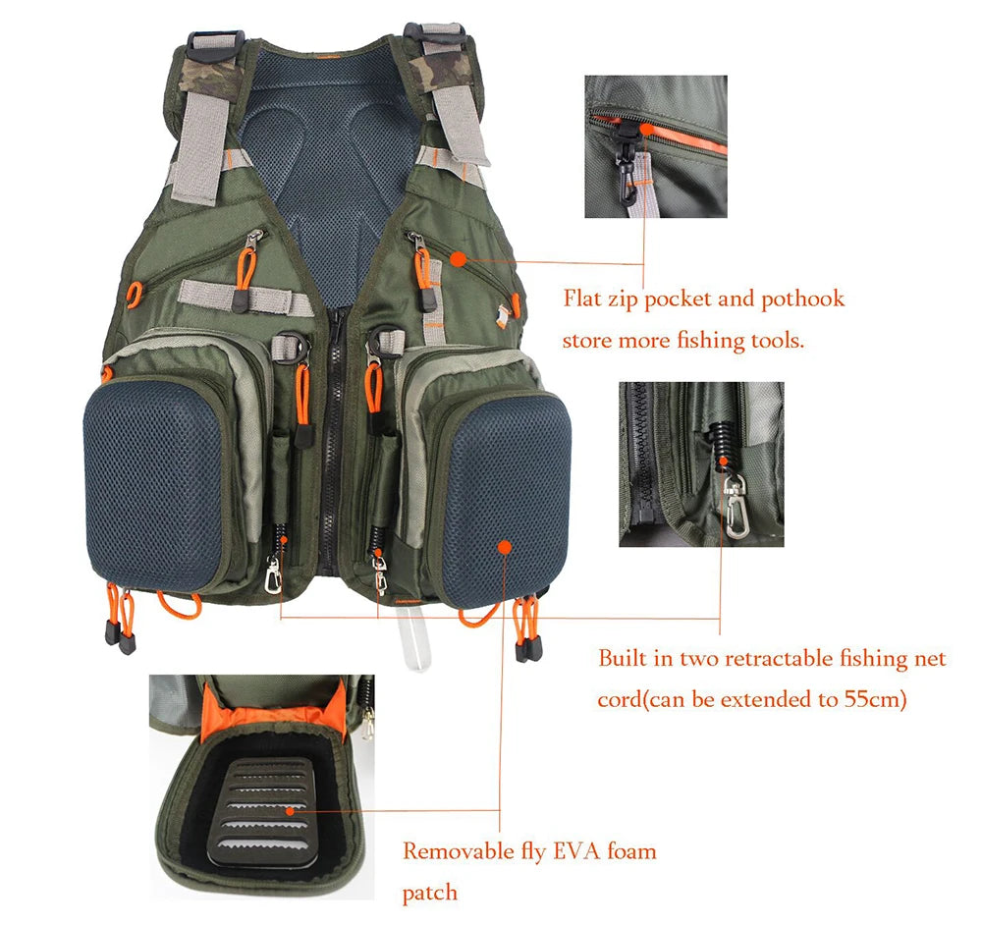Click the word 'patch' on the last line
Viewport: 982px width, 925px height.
click(x=430, y=893)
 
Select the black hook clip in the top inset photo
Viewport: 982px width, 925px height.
click(x=624, y=156)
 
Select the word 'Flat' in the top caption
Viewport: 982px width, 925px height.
click(x=581, y=299)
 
